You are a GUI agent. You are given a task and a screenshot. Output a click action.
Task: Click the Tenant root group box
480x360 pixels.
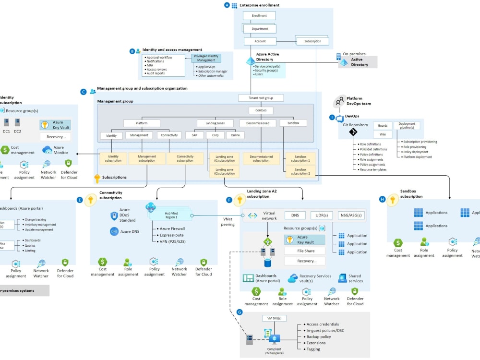(x=261, y=98)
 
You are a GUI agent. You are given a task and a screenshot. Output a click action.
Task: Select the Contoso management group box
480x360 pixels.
(x=261, y=110)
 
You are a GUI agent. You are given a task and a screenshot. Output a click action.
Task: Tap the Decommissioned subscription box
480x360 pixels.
(x=261, y=158)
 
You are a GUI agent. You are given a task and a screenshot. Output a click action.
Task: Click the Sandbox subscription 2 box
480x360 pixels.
(x=300, y=172)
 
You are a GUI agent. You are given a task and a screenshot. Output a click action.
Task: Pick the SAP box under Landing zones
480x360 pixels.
(x=194, y=135)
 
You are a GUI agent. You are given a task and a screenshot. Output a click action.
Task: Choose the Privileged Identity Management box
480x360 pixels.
(x=206, y=58)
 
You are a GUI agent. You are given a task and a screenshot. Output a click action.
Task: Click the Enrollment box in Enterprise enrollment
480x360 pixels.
(x=259, y=16)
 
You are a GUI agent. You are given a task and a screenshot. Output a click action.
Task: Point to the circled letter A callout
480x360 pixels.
(x=227, y=5)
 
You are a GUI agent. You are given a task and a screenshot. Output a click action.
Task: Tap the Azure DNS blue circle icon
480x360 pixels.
(x=114, y=231)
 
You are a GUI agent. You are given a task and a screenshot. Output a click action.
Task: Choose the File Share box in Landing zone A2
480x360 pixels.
(x=304, y=251)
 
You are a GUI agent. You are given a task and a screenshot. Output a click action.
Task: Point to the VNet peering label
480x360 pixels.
(x=228, y=221)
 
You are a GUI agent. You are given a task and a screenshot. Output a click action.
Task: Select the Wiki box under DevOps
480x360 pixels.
(x=383, y=134)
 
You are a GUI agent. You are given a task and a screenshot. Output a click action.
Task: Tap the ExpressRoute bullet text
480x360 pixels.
(x=172, y=235)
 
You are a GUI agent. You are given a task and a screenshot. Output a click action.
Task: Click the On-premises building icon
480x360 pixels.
(x=338, y=57)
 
